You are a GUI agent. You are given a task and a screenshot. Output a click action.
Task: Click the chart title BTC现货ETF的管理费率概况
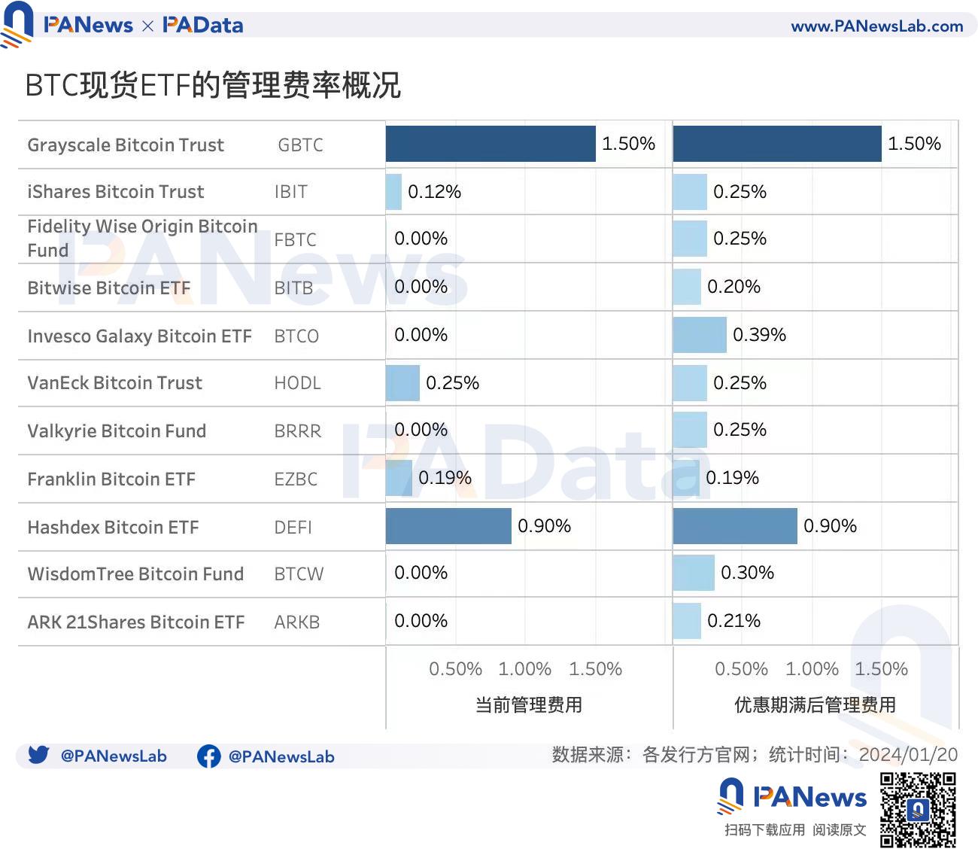pos(213,85)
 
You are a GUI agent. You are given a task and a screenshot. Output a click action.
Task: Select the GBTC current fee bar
pos(491,144)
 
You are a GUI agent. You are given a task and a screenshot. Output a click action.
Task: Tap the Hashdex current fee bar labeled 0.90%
pos(448,526)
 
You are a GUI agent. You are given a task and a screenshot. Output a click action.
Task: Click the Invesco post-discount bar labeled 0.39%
pos(700,335)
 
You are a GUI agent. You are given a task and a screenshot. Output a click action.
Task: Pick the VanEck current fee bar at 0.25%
pos(402,382)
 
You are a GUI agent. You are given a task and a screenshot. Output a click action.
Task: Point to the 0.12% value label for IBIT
pos(434,192)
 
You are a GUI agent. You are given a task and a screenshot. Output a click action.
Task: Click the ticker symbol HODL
pos(297,383)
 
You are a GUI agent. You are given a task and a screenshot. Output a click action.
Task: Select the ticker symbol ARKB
pos(297,622)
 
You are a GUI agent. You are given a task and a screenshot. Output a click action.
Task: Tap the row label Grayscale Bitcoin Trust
pos(126,145)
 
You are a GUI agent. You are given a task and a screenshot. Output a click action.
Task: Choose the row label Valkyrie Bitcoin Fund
pos(117,431)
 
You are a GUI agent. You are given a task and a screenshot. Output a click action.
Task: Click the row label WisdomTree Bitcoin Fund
pos(135,574)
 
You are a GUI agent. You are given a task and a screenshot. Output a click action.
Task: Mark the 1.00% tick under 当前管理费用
pos(525,669)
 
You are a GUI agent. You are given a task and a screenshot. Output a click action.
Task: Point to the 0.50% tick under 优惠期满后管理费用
pos(741,669)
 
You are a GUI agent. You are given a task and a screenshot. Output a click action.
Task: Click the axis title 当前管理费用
pos(529,705)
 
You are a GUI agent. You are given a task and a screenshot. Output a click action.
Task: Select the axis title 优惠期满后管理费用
pos(816,705)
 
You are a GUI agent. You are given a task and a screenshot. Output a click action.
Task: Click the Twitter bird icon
pos(38,755)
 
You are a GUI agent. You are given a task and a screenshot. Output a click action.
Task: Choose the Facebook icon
pos(208,756)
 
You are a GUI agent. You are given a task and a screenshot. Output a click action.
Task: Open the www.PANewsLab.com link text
pos(877,26)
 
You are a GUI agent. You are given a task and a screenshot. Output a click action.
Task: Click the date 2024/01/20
pos(908,755)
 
